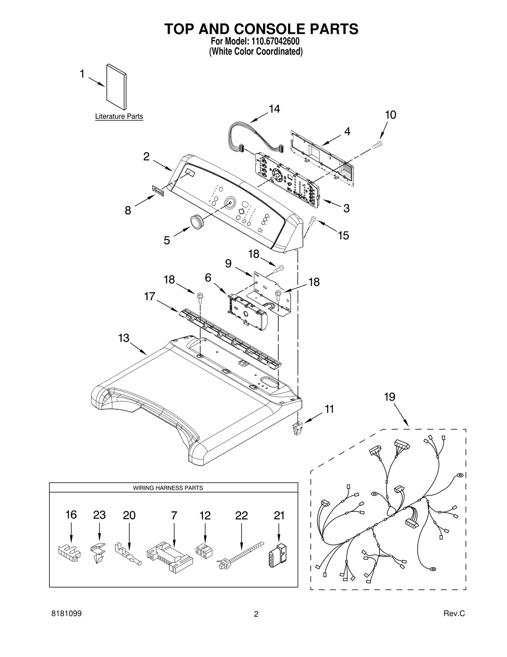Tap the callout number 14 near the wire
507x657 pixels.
coord(274,109)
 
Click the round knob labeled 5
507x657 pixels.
coord(196,221)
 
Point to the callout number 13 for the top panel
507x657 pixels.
coord(124,338)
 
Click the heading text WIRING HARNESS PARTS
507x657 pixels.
coord(168,488)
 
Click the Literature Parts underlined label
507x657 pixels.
coord(119,116)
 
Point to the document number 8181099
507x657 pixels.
coord(66,622)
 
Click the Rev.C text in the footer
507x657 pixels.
coord(454,622)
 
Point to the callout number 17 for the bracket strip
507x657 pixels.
coord(149,296)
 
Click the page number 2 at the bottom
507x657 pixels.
coord(256,623)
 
